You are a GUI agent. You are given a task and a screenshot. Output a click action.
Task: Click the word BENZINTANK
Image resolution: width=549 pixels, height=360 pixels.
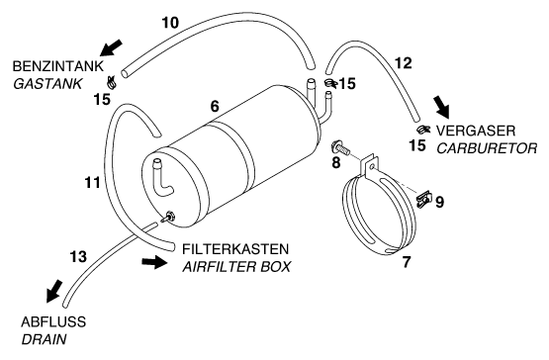point(58,66)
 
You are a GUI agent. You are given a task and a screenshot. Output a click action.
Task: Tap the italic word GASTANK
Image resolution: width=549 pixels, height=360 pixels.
point(47,84)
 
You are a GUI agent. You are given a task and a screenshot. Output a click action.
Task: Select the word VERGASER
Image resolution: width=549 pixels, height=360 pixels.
point(476,131)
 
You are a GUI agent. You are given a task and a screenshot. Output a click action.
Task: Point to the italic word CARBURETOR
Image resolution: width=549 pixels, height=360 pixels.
point(487,148)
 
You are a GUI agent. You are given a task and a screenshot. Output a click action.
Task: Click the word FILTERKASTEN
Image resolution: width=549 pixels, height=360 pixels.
point(235,249)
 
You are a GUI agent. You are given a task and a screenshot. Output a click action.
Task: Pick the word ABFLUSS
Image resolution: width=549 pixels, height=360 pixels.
point(53,321)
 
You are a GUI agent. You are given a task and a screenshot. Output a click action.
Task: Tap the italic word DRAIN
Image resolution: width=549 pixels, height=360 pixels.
point(44,339)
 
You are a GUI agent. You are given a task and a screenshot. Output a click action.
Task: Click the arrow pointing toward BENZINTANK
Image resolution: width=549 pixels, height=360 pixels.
point(112,47)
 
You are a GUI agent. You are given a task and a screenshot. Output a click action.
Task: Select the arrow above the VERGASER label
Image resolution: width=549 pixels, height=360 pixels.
point(441,106)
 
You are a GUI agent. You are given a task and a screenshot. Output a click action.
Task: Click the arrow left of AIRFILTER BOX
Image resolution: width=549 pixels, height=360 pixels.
point(154,262)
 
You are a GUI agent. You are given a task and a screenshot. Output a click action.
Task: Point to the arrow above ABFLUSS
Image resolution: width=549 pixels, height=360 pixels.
point(54,291)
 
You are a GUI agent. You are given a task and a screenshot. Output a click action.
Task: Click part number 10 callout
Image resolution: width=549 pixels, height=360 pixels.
point(170,23)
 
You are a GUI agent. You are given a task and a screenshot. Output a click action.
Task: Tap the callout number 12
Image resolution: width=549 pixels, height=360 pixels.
point(403,63)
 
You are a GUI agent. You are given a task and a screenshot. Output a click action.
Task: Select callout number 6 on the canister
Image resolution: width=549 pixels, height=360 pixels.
point(215,106)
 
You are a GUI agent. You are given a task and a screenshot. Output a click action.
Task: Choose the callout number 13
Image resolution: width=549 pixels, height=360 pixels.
point(78,257)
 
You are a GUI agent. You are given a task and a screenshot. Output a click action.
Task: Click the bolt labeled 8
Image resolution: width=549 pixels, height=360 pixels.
point(340,148)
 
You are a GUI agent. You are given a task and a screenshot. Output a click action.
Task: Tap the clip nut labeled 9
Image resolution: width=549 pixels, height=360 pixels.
point(424,199)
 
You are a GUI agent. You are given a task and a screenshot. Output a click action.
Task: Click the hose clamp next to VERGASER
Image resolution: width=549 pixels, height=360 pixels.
point(423,130)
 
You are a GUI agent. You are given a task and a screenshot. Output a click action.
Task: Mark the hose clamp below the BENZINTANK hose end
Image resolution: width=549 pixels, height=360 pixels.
point(112,83)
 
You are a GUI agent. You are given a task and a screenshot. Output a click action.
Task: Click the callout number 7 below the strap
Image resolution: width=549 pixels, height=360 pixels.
point(407,262)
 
